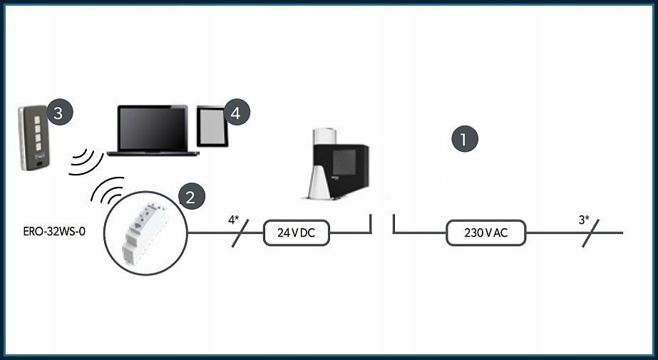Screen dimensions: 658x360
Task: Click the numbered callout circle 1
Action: [x=465, y=139]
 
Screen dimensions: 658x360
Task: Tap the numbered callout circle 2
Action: [x=191, y=196]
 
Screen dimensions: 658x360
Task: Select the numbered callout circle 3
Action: [x=60, y=112]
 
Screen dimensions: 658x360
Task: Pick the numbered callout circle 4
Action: [x=237, y=112]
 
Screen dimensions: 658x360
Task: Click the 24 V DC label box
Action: [x=297, y=232]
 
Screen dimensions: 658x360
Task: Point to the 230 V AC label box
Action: [x=485, y=232]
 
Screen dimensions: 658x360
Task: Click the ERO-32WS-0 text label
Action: [x=54, y=232]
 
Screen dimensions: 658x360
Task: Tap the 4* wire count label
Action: [x=233, y=220]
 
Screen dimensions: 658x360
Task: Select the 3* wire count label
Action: [x=584, y=220]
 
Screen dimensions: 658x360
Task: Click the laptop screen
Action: [x=153, y=128]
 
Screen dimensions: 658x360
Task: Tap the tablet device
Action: [x=212, y=126]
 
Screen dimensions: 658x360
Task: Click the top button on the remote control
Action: [x=37, y=120]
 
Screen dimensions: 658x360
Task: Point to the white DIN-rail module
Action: [x=144, y=232]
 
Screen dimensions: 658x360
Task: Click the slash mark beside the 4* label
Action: [x=240, y=233]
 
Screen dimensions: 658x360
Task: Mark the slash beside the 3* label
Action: [x=590, y=233]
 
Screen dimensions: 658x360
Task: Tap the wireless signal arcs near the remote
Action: [x=86, y=162]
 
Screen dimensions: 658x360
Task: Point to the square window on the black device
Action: [x=344, y=162]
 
